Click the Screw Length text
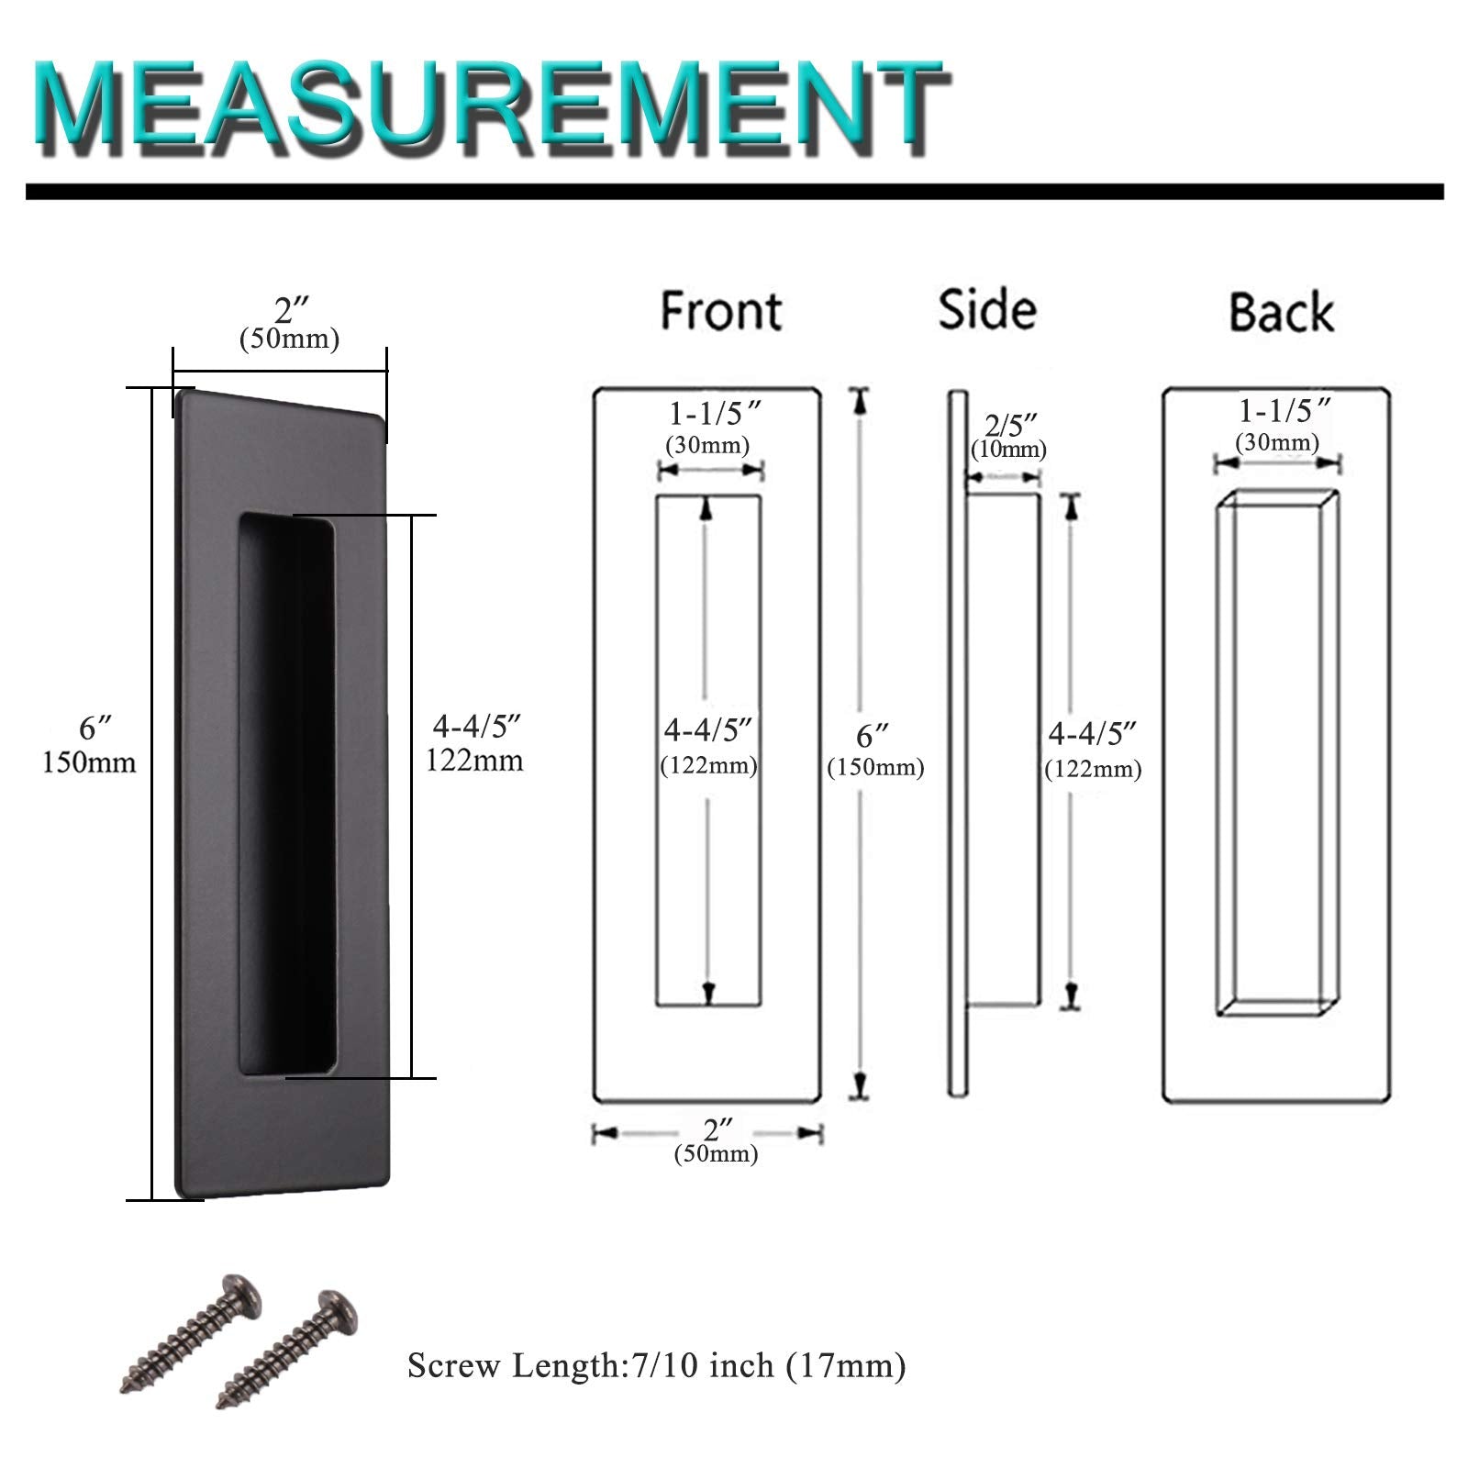(657, 1366)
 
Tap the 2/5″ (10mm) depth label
(1008, 436)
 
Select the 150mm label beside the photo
(89, 762)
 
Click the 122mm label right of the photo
(475, 760)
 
